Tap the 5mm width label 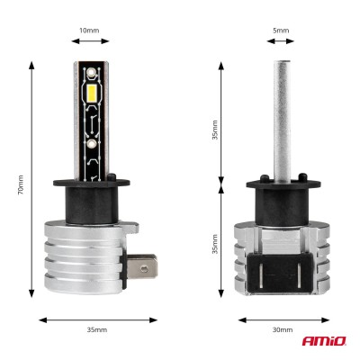coord(281,30)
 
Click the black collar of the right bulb coord(281,191)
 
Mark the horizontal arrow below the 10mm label coord(91,41)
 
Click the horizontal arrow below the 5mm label coord(281,41)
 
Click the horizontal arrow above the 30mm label coord(281,319)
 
